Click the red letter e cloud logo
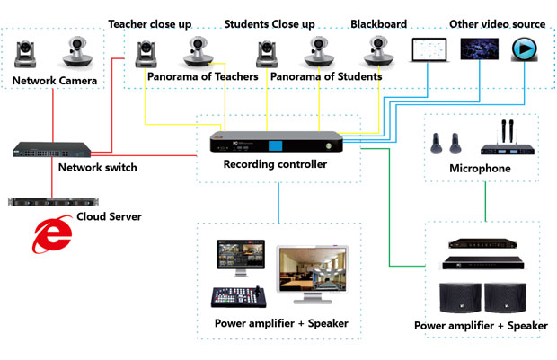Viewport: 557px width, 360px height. pyautogui.click(x=53, y=234)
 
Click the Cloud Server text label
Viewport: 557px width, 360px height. pyautogui.click(x=110, y=217)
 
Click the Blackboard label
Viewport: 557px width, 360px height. pyautogui.click(x=378, y=23)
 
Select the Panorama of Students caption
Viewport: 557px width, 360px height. pyautogui.click(x=325, y=78)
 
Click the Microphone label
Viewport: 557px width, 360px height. pyautogui.click(x=480, y=168)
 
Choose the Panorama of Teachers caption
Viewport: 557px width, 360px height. pyautogui.click(x=203, y=78)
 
